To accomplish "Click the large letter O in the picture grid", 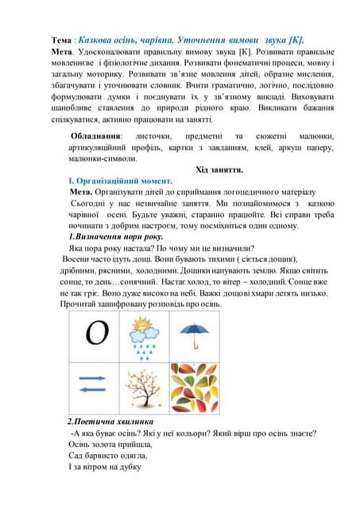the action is click(x=97, y=332).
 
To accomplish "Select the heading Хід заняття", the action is click(x=219, y=169).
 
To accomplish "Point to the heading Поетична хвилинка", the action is click(x=114, y=421).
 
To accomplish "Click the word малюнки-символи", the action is click(x=103, y=158).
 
